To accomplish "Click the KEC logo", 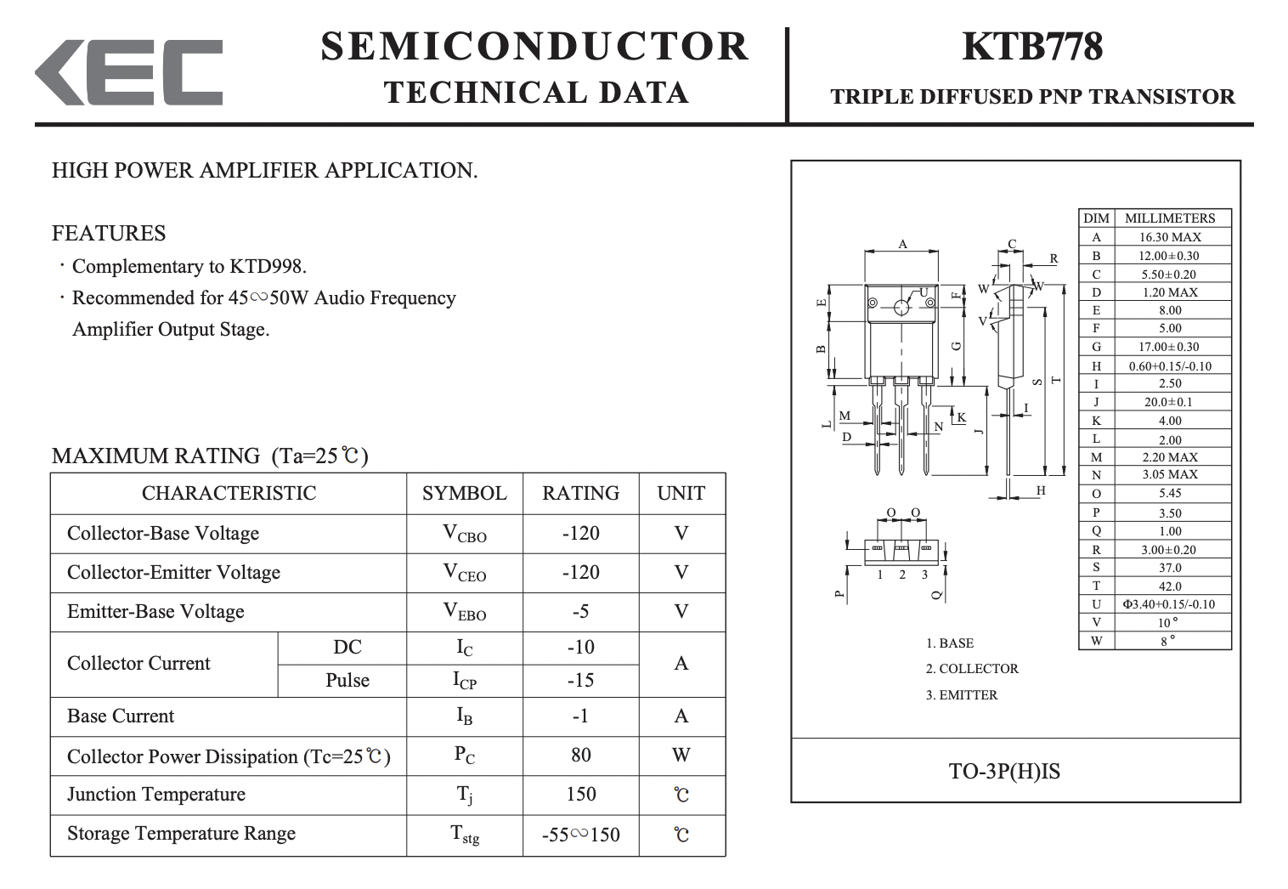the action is coord(129,72).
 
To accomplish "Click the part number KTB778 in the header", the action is coord(1032,46).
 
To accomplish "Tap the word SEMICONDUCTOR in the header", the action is coord(534,46).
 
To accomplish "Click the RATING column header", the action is coord(581,494).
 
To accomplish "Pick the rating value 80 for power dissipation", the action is coord(581,755).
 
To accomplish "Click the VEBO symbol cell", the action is coord(465,611).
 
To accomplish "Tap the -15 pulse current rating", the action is coord(581,680).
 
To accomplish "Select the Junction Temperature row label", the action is coord(156,795).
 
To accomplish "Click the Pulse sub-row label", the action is coord(347,680).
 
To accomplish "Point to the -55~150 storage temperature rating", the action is coord(581,835).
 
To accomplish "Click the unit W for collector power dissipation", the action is coord(681,755).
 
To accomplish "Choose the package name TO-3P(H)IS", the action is coord(1004,771).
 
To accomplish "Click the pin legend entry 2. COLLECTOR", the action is coord(972,669).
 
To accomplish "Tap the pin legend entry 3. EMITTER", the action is coord(962,695).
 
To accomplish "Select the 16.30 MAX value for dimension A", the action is coord(1170,237).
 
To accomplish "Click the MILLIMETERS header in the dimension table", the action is coord(1170,218).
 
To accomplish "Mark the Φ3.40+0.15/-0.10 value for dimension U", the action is coord(1169,604).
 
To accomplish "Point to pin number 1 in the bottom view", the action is coord(879,575).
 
